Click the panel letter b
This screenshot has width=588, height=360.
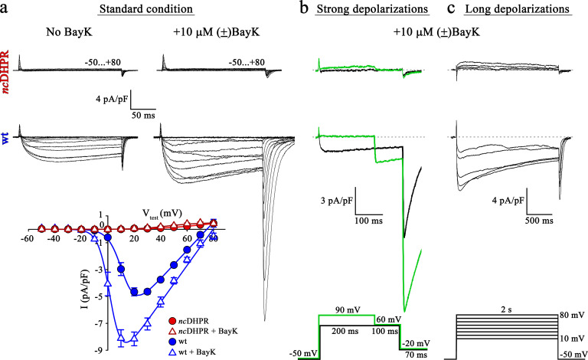(x=305, y=9)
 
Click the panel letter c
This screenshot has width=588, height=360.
(x=450, y=9)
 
